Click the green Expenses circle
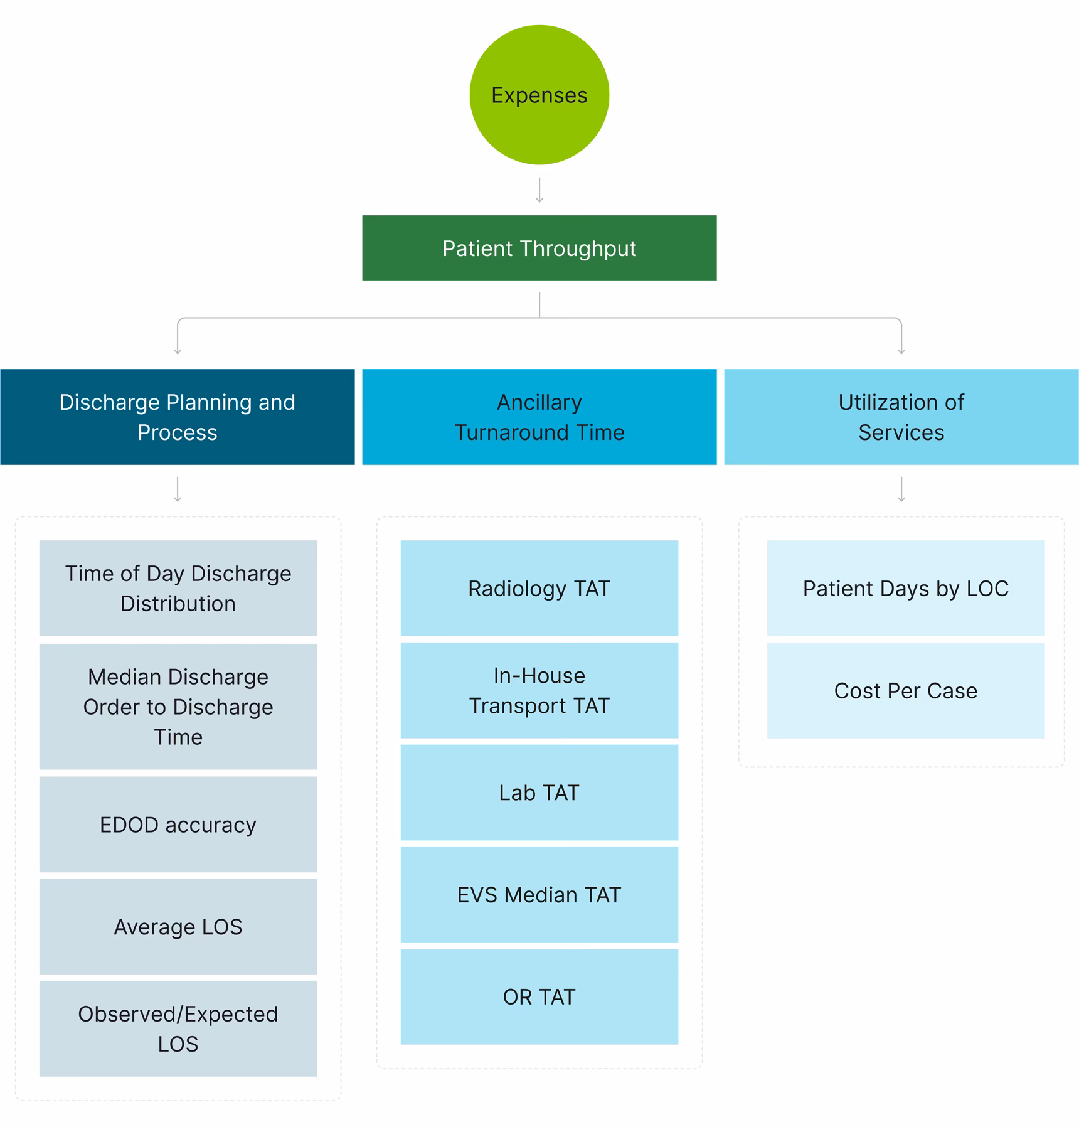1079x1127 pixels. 539,95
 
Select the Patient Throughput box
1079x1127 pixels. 539,248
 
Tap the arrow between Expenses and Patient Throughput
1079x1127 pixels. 539,190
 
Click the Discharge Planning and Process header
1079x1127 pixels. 178,417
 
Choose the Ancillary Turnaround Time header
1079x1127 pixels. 539,417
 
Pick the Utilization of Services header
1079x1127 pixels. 901,417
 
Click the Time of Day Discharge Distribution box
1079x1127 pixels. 178,588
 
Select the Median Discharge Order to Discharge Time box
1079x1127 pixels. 178,706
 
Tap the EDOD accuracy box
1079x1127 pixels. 178,824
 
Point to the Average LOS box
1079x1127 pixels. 178,926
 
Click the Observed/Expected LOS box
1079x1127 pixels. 178,1028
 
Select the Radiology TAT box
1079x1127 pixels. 539,588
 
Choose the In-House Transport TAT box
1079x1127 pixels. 539,690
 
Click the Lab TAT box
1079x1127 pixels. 539,792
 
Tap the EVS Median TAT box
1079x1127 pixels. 539,894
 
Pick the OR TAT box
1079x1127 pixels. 539,996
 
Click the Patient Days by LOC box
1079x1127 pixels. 905,588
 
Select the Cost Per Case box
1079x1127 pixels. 905,690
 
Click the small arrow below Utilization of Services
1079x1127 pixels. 901,489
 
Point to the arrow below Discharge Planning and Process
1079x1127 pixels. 178,489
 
